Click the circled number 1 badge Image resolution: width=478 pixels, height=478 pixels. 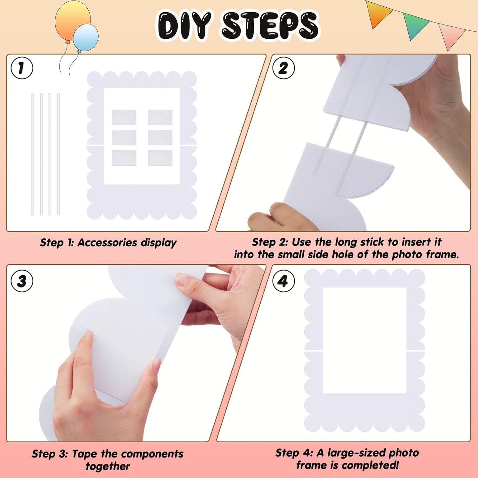point(22,68)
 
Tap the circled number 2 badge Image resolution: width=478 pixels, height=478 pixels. point(283,68)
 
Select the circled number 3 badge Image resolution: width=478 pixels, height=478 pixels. point(22,281)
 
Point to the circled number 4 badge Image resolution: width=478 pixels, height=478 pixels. point(283,281)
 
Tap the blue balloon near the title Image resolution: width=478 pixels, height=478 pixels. point(86,37)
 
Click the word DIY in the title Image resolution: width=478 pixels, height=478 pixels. point(184,25)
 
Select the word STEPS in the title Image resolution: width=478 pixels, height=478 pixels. point(270,25)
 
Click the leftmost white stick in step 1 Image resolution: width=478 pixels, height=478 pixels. point(33,154)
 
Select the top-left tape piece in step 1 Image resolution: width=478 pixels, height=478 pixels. point(124,117)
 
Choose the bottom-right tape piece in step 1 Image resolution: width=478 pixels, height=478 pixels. point(160,158)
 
